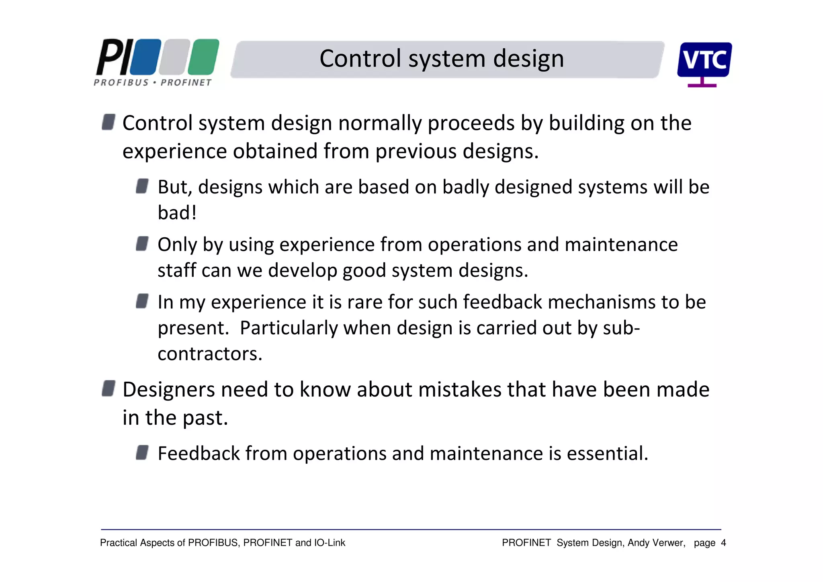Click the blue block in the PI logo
pos(145,57)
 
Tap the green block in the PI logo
pos(204,57)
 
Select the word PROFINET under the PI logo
pos(186,83)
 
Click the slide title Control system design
pos(442,59)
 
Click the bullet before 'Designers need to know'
pos(109,389)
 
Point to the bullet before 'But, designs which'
pos(142,186)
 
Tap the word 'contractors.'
pos(210,354)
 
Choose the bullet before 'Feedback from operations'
pos(142,452)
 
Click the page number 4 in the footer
pos(723,543)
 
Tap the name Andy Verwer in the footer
pos(656,543)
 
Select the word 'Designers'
pos(169,390)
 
